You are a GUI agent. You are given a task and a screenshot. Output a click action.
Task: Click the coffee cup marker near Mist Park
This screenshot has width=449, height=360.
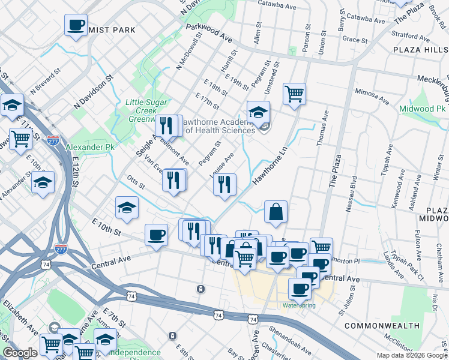76,25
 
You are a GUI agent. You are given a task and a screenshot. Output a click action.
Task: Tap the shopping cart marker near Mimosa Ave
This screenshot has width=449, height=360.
294,94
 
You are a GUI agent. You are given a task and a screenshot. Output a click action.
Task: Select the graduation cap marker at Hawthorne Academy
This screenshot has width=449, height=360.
258,112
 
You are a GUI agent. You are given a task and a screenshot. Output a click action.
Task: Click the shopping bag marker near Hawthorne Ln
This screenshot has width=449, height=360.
276,212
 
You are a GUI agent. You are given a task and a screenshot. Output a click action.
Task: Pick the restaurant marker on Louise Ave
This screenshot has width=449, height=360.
224,184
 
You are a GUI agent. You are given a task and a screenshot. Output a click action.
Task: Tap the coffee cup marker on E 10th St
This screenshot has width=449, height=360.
157,235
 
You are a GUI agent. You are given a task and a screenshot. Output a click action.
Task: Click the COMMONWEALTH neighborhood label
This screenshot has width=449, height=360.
382,325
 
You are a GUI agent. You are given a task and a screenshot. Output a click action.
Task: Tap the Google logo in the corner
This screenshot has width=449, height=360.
20,353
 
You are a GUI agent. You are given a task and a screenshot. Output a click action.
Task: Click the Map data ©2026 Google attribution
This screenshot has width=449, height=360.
411,355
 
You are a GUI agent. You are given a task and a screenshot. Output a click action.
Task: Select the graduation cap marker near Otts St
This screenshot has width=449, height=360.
127,208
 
